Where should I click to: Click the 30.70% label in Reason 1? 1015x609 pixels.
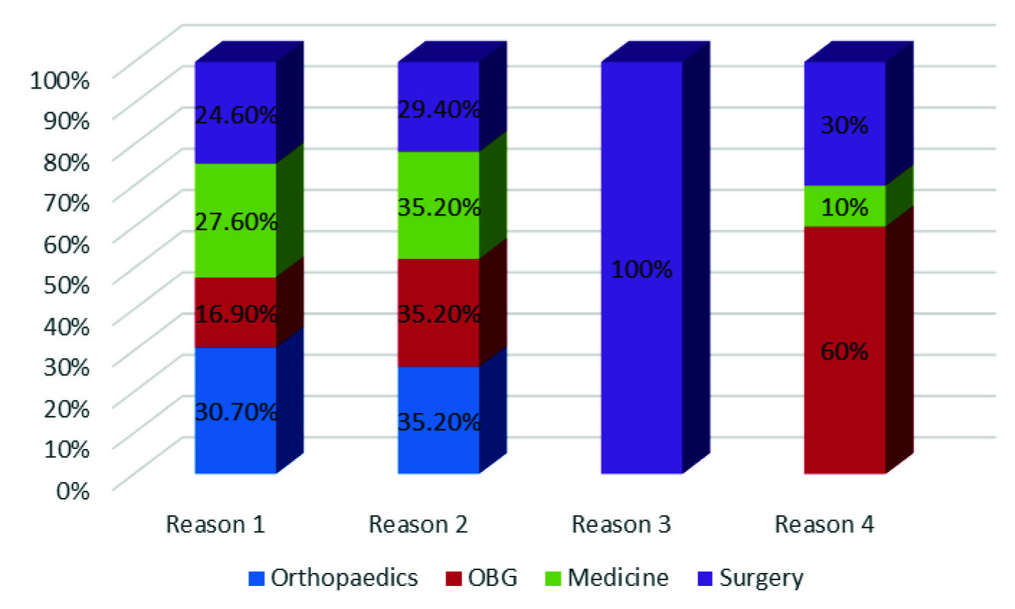[x=236, y=412]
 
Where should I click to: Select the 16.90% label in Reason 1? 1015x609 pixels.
[x=236, y=314]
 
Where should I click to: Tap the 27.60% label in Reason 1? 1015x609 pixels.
[x=236, y=221]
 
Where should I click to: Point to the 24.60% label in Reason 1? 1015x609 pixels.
[x=236, y=115]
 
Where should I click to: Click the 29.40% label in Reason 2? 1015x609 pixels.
[x=439, y=110]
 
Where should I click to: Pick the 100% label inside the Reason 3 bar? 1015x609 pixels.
[x=641, y=270]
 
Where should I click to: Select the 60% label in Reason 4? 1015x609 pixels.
[x=844, y=352]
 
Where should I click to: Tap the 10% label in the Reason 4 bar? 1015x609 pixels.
[x=844, y=208]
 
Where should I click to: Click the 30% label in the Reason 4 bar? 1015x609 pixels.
[x=844, y=125]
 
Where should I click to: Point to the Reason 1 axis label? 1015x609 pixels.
[x=215, y=525]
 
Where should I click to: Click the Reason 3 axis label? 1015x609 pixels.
[x=621, y=525]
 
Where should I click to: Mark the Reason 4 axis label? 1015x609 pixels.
[x=824, y=525]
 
